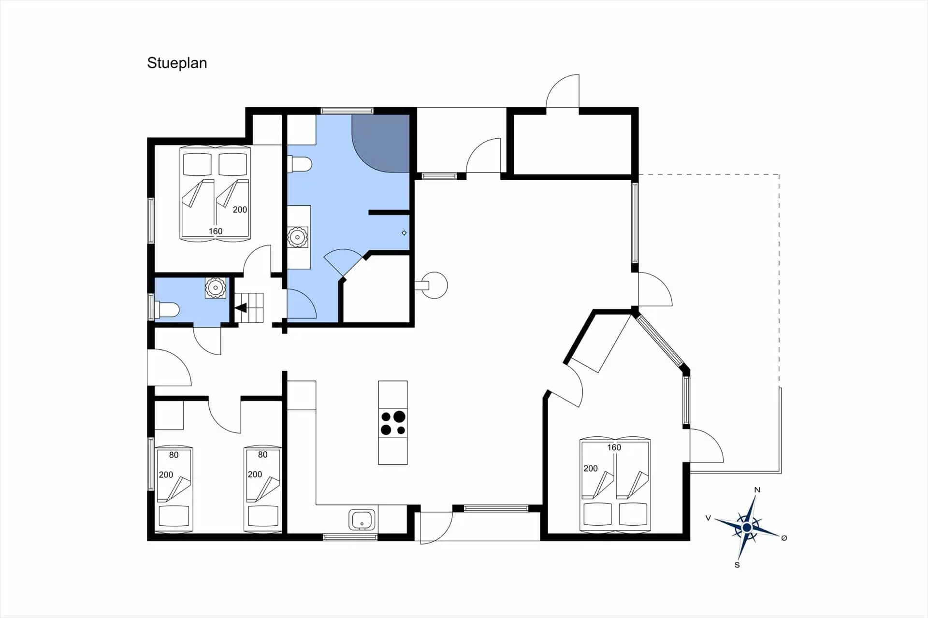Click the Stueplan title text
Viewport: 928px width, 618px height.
(x=177, y=63)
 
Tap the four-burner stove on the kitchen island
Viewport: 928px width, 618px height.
(x=393, y=423)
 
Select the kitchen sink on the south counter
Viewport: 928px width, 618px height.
(x=362, y=520)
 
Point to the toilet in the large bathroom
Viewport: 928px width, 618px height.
(x=299, y=164)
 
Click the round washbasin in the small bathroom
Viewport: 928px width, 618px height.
(x=216, y=287)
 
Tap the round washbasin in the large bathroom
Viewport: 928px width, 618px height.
(x=297, y=237)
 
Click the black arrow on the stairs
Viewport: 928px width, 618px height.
(x=241, y=308)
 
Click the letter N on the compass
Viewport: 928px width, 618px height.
(x=757, y=490)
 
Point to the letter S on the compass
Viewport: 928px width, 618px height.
(x=737, y=565)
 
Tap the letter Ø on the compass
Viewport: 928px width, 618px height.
(x=784, y=538)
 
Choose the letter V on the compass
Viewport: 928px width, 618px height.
(x=708, y=518)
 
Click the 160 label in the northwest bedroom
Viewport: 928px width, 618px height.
(x=216, y=231)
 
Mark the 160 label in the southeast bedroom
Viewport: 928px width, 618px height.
(x=614, y=447)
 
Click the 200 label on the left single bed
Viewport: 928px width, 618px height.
(x=166, y=474)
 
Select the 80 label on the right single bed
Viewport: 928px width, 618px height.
(x=262, y=455)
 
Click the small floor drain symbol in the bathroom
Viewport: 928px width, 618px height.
(x=404, y=233)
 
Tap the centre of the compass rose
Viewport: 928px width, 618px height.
(x=747, y=527)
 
